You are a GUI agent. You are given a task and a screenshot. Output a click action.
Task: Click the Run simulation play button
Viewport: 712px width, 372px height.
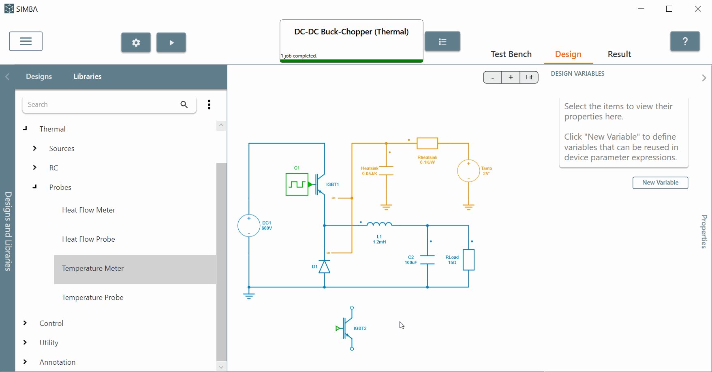click(171, 43)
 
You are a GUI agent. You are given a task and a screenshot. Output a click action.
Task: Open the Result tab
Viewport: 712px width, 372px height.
click(619, 54)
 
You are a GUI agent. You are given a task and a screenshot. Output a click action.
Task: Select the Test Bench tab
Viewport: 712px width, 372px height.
click(511, 54)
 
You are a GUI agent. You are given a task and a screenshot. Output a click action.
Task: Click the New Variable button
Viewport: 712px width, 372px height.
click(660, 183)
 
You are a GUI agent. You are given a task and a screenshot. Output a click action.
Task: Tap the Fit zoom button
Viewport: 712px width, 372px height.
click(529, 77)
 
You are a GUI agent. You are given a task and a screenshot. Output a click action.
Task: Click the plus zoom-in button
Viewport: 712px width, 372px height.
click(511, 77)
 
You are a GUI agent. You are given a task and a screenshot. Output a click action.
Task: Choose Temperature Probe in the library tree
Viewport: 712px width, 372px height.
click(92, 298)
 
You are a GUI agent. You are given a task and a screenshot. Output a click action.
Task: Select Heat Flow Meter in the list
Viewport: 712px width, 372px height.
click(88, 210)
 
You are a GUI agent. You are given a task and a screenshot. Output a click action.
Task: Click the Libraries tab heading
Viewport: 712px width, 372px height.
click(88, 77)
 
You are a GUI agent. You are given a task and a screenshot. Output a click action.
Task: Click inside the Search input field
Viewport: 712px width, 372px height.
click(101, 104)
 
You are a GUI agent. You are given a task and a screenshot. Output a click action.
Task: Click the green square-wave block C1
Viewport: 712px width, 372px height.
click(297, 185)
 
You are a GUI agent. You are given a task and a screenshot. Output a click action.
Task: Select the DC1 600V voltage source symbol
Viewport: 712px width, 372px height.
click(249, 225)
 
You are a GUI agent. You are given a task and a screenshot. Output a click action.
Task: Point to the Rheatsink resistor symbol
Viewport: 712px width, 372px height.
click(428, 143)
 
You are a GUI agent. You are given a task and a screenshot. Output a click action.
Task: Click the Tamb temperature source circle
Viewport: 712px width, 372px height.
click(468, 171)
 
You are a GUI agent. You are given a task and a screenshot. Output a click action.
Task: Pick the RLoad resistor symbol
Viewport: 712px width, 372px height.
click(469, 260)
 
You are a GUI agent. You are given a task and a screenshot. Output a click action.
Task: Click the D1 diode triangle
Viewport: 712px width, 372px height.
click(324, 267)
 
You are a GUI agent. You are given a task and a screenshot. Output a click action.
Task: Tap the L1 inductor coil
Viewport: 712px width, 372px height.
click(379, 224)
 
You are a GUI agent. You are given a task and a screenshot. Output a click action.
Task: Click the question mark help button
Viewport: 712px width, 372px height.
click(685, 41)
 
